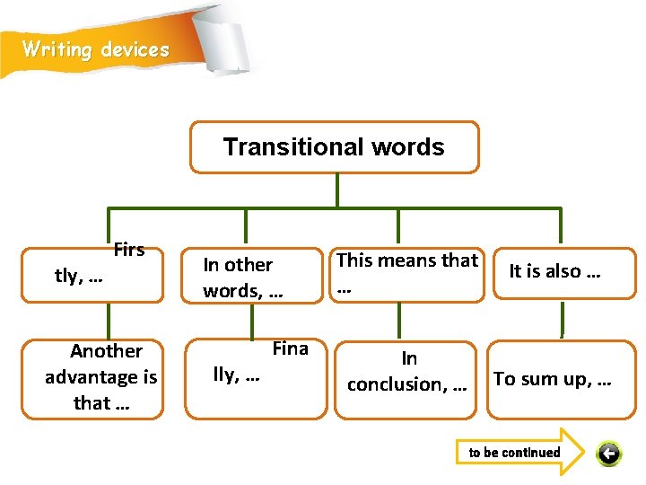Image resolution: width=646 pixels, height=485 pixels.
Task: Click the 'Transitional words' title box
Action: coord(334,146)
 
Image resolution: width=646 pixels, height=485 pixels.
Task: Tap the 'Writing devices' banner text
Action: coord(95,49)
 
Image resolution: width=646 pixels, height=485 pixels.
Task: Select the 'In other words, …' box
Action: coord(253,278)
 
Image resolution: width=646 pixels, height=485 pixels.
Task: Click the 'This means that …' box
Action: coord(407,274)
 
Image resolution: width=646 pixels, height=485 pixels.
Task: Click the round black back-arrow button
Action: coord(608,454)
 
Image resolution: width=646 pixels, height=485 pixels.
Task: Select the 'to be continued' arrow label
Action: coord(515,453)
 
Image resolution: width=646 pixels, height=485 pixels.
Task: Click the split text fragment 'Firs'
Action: coord(128,251)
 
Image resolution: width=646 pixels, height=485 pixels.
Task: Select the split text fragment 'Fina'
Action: coord(290,348)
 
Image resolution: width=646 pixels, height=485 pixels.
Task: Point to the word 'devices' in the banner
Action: coord(135,49)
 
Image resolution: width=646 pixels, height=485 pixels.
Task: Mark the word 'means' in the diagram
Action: coord(410,260)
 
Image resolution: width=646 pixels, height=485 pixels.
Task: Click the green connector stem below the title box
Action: coord(336,190)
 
